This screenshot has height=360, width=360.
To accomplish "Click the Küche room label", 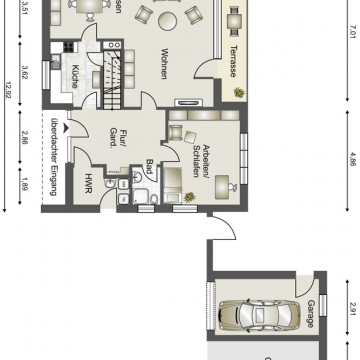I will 75,76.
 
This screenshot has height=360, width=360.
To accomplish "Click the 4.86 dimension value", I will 341,157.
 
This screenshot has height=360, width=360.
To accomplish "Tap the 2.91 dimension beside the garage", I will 341,309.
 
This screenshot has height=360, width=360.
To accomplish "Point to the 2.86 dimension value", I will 24,137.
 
